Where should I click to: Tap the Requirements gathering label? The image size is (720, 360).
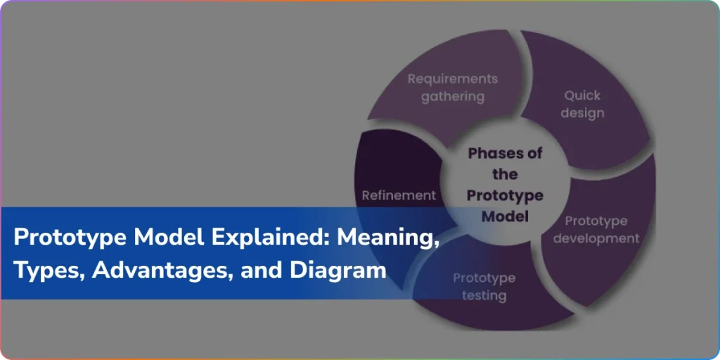click(452, 88)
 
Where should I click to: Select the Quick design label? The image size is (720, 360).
click(582, 104)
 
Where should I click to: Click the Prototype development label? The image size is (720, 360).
click(596, 230)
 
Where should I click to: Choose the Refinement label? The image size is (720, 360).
click(399, 195)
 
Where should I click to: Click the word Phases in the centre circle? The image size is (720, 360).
click(499, 153)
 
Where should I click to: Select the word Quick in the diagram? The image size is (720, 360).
click(582, 96)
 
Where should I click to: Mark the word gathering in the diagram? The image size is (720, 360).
click(452, 97)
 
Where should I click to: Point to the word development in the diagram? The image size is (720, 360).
click(596, 239)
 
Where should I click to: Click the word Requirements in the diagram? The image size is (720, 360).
click(452, 79)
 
